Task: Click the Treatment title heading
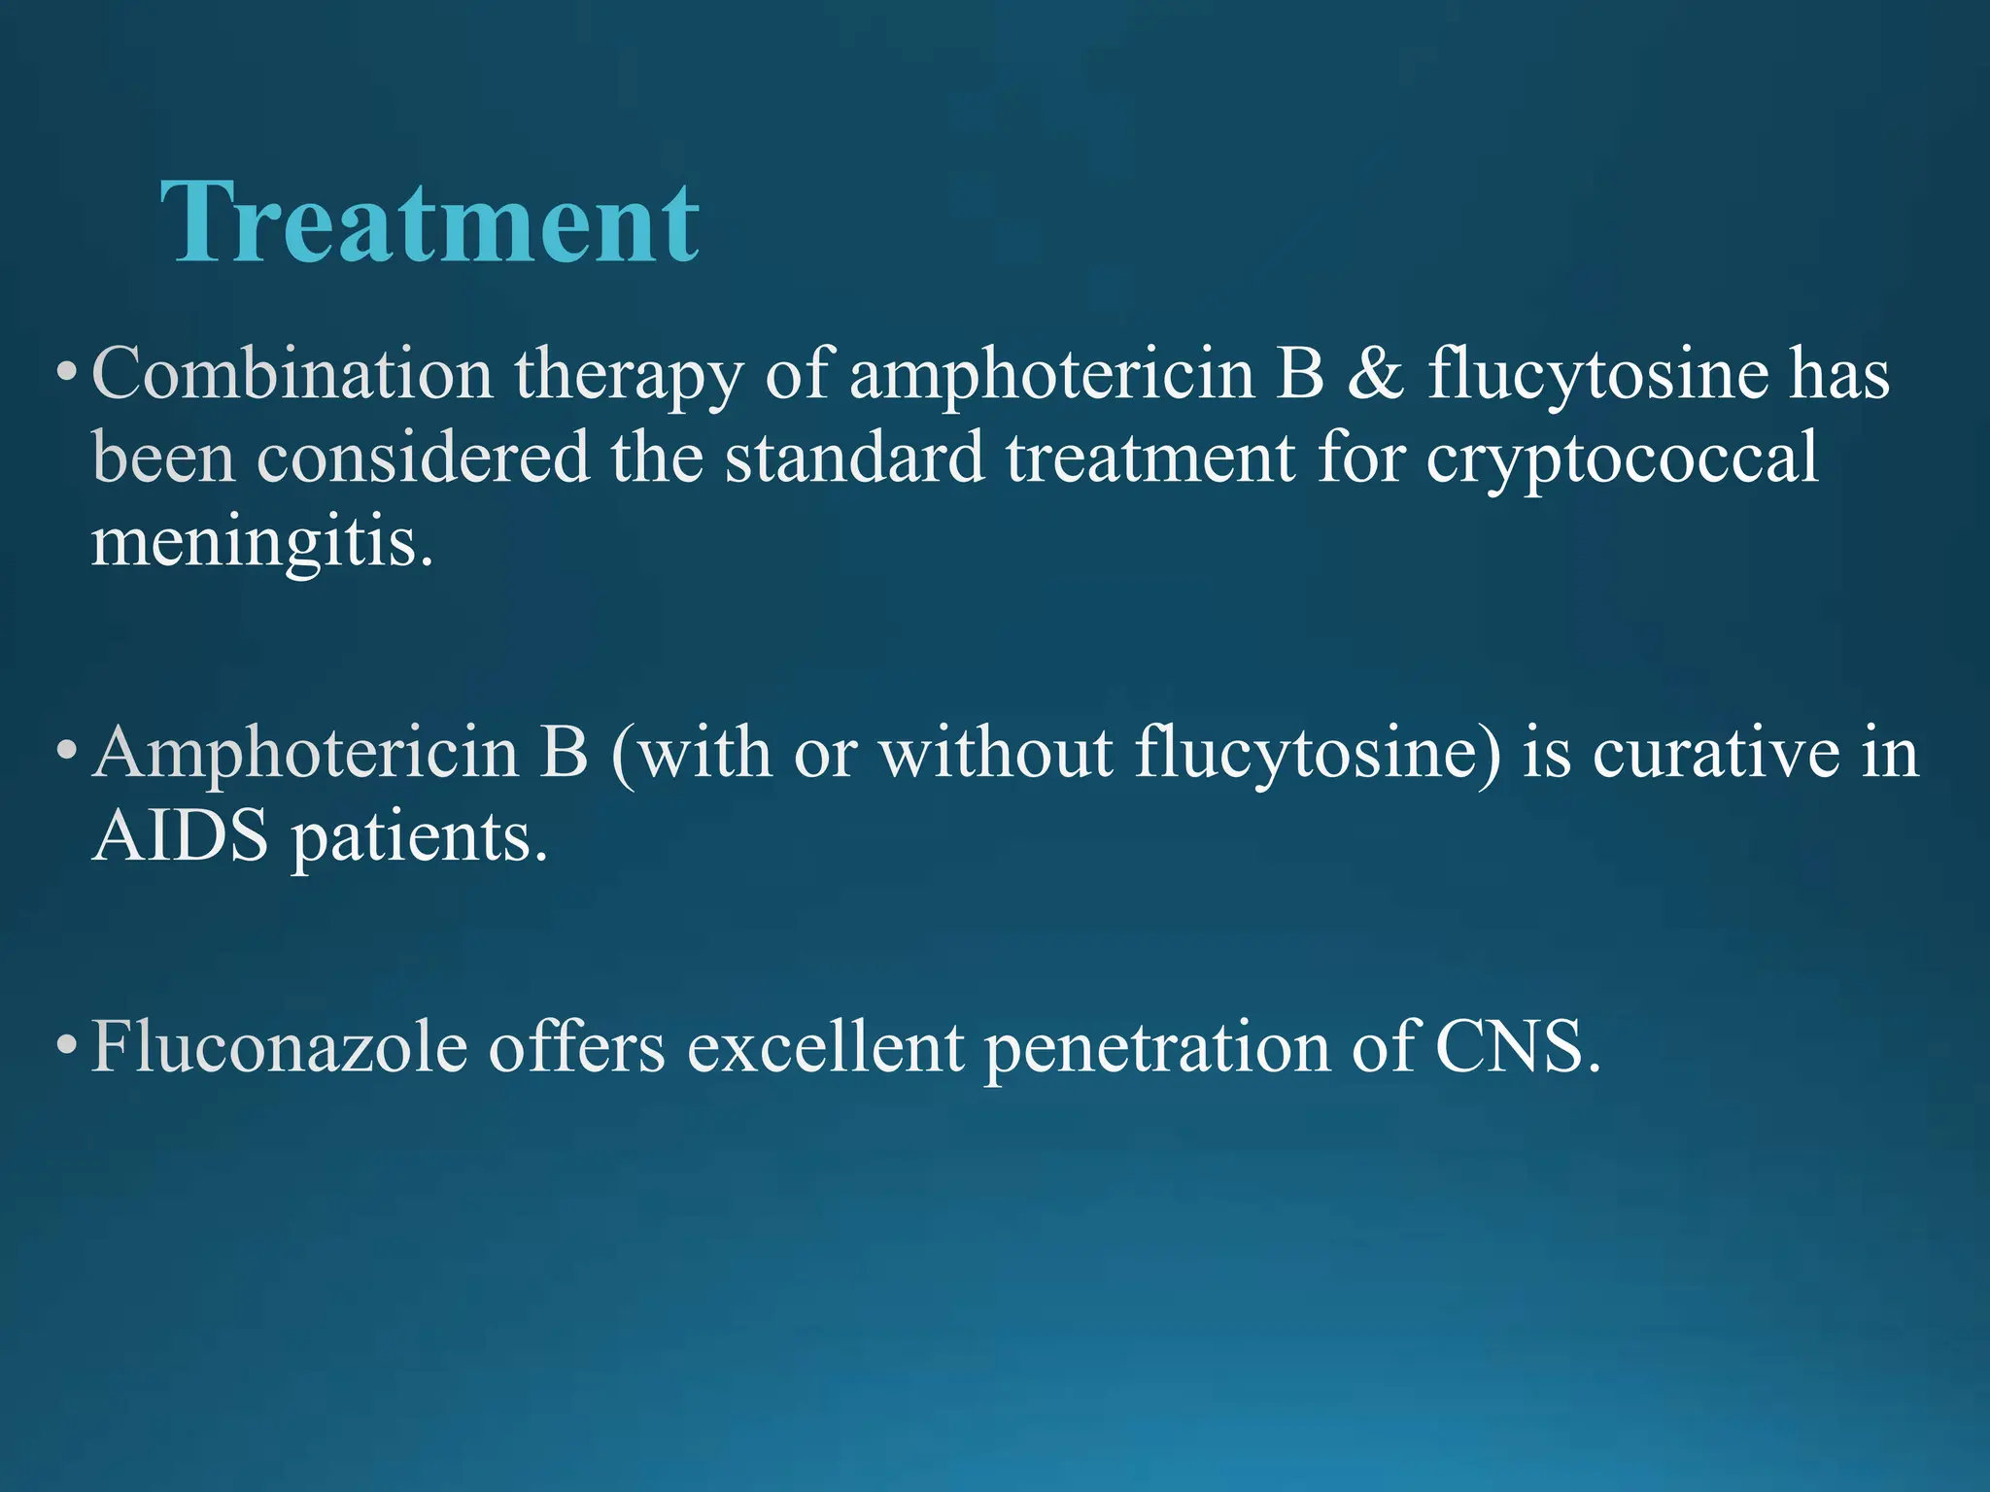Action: tap(429, 222)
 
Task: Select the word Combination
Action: tap(292, 374)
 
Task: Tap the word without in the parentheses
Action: tap(996, 752)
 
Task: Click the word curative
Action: tap(1716, 752)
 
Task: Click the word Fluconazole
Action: tap(280, 1046)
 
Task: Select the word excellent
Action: tap(826, 1046)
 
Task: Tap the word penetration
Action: tap(1156, 1048)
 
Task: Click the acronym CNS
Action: tap(1517, 1046)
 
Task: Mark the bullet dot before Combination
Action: tap(65, 372)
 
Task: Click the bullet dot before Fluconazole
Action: tap(65, 1046)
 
